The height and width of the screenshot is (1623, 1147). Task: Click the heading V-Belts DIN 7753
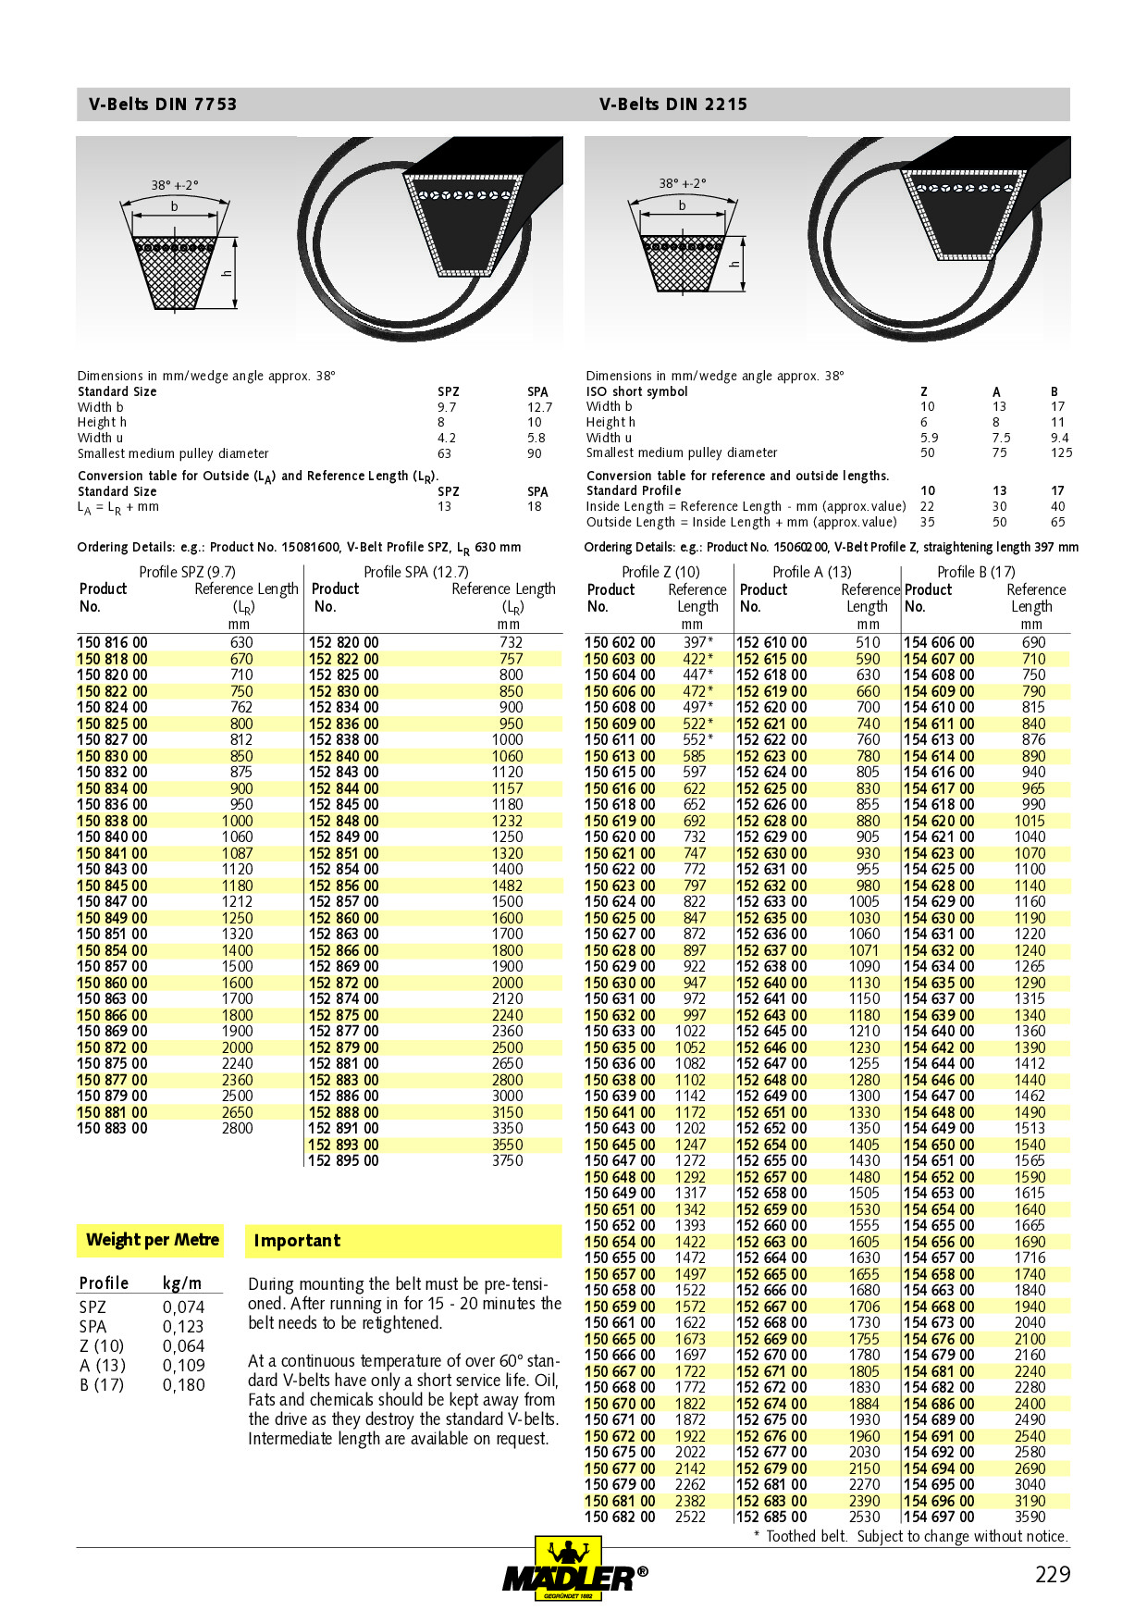tap(163, 105)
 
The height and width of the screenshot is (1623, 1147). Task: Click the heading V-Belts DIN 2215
tap(672, 105)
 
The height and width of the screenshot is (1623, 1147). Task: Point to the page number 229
tap(1052, 1574)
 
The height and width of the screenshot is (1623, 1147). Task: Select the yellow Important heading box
tap(403, 1241)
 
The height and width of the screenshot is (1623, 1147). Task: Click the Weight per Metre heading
tap(152, 1240)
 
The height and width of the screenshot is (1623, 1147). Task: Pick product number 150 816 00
tap(112, 642)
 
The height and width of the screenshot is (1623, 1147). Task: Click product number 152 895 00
tap(343, 1160)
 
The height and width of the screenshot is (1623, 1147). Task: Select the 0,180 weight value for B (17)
tap(183, 1385)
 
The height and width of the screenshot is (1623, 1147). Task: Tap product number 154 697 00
tap(939, 1517)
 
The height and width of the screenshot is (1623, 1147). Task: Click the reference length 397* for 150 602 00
tap(697, 642)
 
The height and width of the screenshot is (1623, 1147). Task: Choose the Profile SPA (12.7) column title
tap(415, 572)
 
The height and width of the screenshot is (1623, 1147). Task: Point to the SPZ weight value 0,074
tap(183, 1307)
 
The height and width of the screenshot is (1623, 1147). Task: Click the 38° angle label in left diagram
tap(174, 185)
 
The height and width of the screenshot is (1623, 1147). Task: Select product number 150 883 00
tap(112, 1128)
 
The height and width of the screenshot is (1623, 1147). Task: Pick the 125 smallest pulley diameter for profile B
tap(1061, 452)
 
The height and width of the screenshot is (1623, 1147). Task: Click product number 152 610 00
tap(771, 642)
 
